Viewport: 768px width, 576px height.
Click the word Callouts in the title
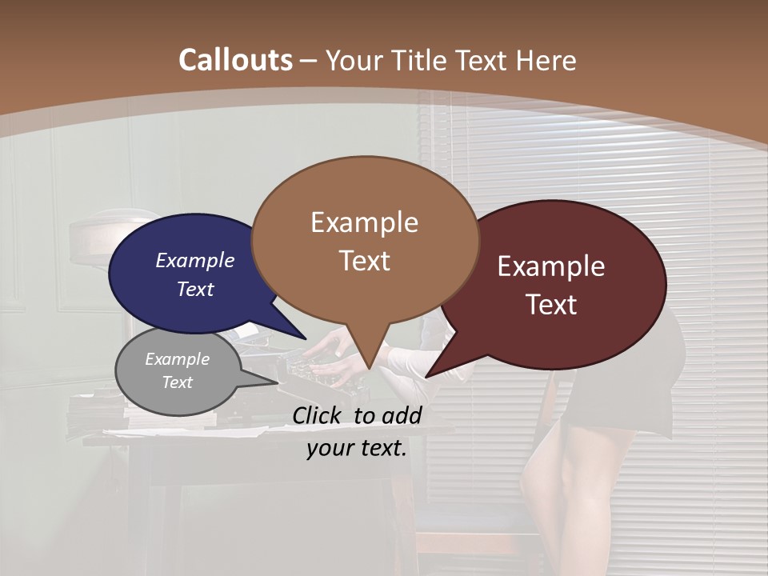(235, 60)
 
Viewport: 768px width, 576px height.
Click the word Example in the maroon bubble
(551, 266)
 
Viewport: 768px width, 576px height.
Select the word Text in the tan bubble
(365, 261)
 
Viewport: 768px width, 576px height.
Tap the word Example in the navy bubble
(195, 260)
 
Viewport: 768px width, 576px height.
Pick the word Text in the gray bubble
(178, 382)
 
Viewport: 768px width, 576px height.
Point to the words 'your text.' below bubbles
(357, 448)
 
